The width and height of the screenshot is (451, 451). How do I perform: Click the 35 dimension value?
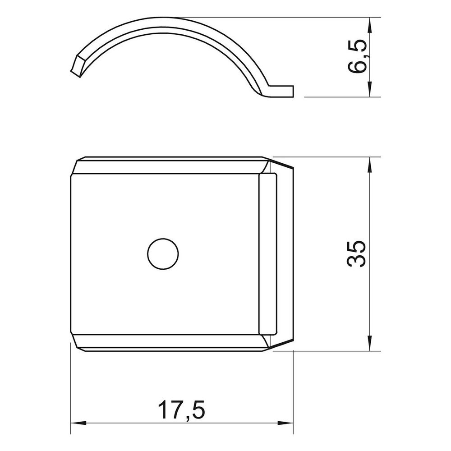pos(357,254)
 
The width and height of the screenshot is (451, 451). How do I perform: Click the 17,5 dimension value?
pos(181,409)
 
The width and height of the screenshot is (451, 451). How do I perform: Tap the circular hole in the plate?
pos(163,254)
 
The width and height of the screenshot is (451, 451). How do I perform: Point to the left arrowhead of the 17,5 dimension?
pos(78,423)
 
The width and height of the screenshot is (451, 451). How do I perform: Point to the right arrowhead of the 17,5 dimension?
pos(285,423)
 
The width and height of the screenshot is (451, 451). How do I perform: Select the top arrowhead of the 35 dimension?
pos(370,165)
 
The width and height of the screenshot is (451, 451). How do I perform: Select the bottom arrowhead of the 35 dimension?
pos(370,343)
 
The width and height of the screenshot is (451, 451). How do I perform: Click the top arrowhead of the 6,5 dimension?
pos(370,25)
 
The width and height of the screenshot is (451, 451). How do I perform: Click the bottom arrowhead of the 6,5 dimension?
pos(370,89)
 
